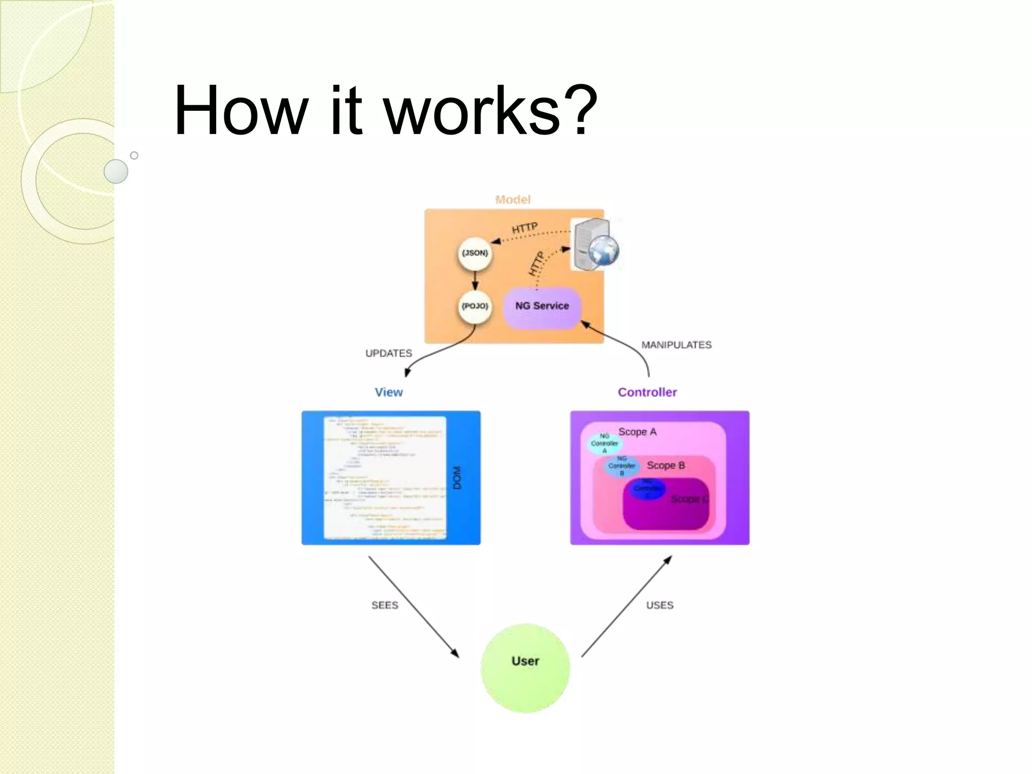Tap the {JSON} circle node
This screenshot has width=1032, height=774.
(475, 253)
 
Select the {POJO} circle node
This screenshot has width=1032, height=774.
(475, 306)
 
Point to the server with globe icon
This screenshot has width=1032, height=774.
(595, 245)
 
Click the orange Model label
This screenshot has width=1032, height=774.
(512, 200)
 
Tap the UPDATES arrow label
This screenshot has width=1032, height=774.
(389, 353)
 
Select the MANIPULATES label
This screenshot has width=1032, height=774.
(676, 345)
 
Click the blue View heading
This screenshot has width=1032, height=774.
(389, 392)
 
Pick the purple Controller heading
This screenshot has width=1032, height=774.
(647, 392)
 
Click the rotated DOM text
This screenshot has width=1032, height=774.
(457, 478)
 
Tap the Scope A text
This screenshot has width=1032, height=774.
(637, 432)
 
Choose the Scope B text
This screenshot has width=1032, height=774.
(666, 465)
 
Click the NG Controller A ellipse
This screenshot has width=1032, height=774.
(605, 443)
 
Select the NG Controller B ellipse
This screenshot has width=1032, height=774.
(622, 466)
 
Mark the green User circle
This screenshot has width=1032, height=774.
(525, 668)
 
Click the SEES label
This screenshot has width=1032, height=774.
(384, 605)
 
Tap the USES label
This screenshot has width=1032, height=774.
(660, 605)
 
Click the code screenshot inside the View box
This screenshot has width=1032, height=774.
(385, 478)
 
